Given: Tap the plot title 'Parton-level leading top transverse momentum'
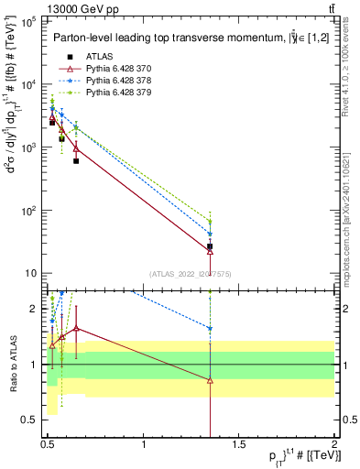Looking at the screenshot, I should click(x=160, y=38).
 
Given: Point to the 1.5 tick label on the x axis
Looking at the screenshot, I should click(x=239, y=445).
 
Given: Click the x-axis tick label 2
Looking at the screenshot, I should click(x=334, y=445).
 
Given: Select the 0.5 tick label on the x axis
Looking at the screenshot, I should click(x=49, y=445).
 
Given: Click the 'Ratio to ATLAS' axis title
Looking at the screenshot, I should click(x=12, y=364).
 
